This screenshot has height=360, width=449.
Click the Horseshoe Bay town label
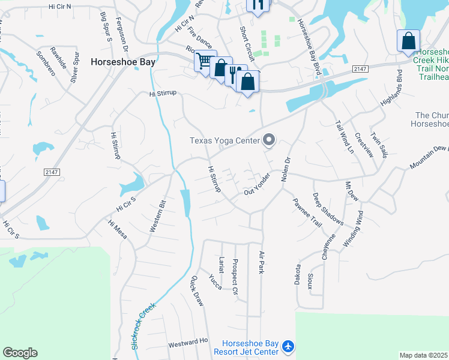coord(123,61)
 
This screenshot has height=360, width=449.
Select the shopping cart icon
coord(204,60)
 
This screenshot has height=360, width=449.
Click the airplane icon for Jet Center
coord(289,347)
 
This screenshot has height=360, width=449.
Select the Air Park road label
coord(261,262)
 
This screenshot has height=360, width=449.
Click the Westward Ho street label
coord(187,343)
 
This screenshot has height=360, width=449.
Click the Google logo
coord(20,353)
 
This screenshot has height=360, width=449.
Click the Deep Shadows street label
coord(327,209)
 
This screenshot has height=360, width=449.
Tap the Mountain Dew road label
coord(430,157)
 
